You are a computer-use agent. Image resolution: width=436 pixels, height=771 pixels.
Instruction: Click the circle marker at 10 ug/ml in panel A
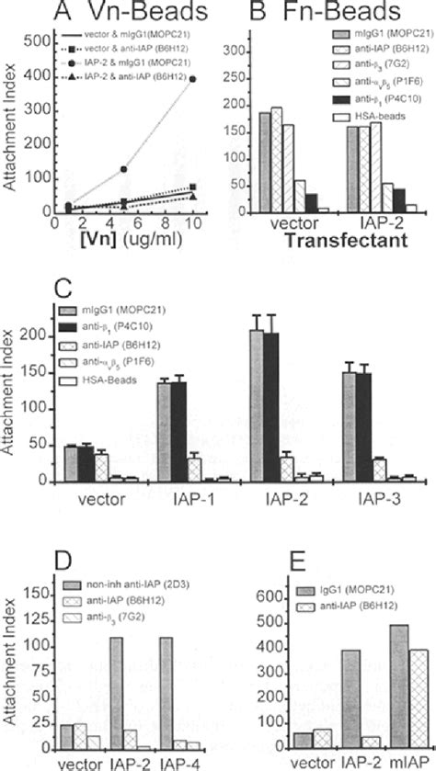coord(191,80)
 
